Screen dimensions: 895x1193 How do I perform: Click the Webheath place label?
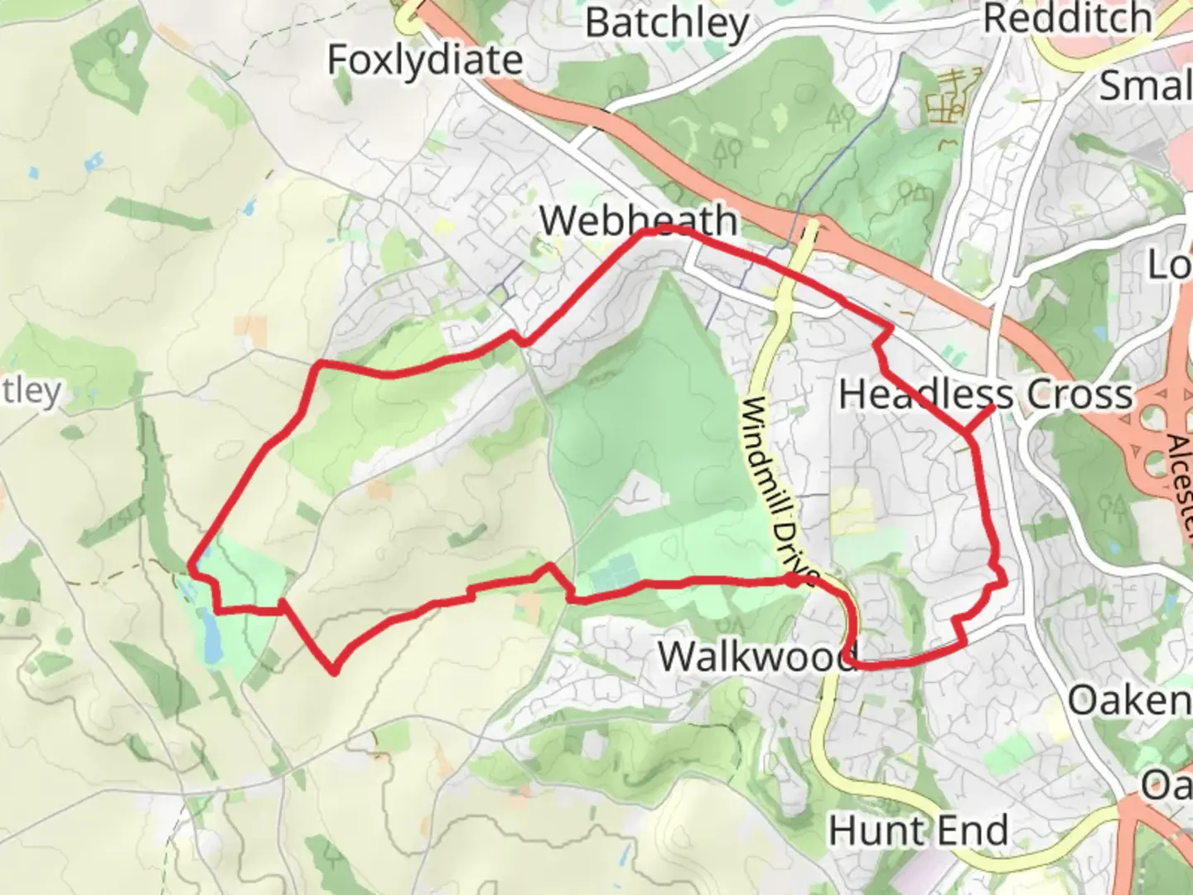pos(638,220)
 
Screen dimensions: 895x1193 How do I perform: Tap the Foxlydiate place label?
pos(425,60)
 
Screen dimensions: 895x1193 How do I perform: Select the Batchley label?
pos(667,22)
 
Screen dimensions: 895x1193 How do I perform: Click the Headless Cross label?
pos(985,394)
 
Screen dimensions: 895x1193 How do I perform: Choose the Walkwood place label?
pos(756,656)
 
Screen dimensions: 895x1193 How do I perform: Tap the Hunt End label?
pos(918,830)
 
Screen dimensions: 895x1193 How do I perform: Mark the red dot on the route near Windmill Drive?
pos(793,580)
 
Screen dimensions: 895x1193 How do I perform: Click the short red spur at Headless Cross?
pos(980,419)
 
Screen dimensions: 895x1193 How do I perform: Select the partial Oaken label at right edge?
pos(1129,701)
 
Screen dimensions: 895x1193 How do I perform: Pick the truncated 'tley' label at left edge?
pos(31,391)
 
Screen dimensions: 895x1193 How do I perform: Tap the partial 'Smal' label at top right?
pos(1145,85)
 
